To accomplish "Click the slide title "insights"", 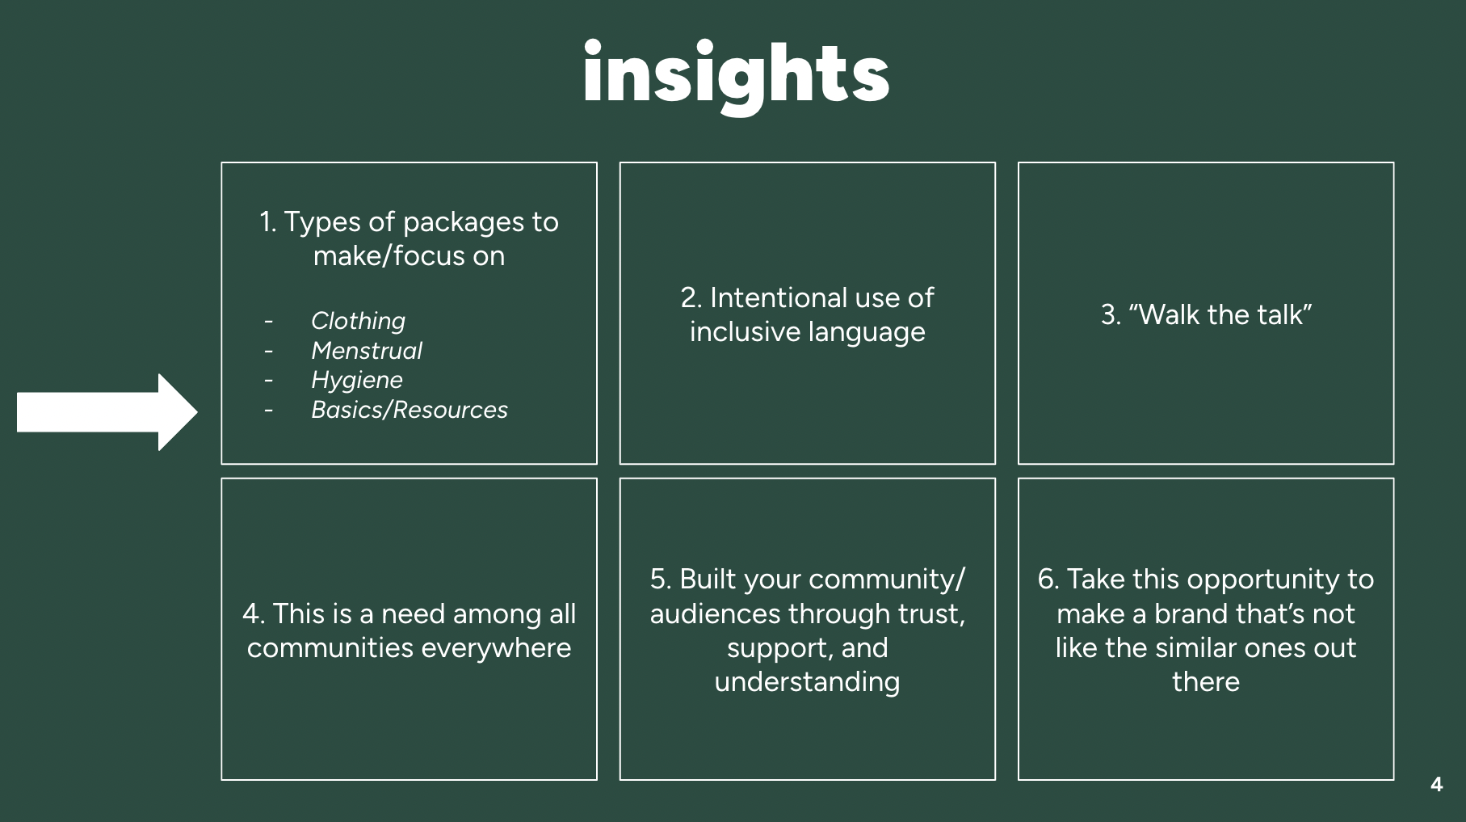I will click(735, 74).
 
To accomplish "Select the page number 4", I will click(1436, 785).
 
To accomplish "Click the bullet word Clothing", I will click(358, 321).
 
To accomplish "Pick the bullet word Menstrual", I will click(366, 351).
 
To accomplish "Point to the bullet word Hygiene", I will click(356, 380).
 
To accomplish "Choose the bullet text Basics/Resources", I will click(409, 410).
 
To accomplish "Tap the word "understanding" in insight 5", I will click(807, 682).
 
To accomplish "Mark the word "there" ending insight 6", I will click(1205, 682).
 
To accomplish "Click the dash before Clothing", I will click(268, 322).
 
